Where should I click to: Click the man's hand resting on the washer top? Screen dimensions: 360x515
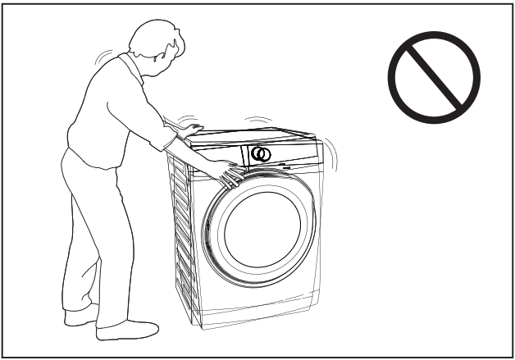click(x=191, y=129)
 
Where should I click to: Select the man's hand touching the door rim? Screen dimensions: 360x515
click(x=229, y=175)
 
